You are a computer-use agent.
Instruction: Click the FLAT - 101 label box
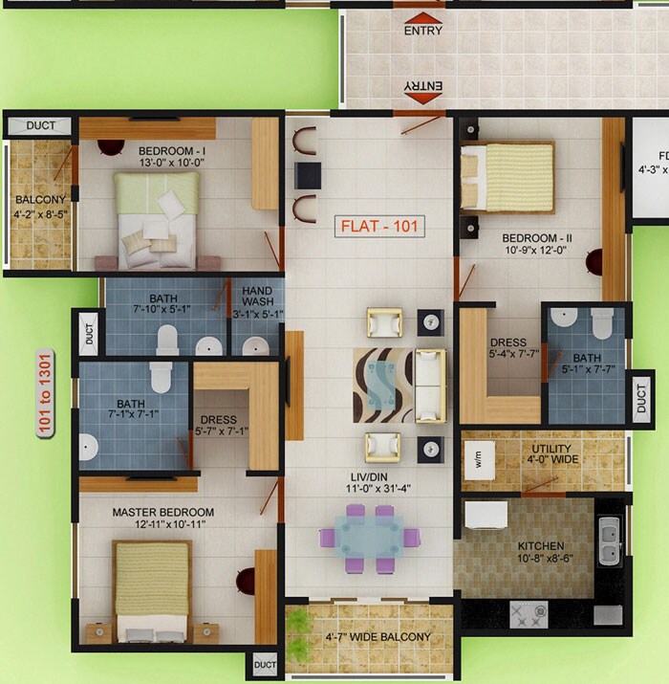(x=380, y=228)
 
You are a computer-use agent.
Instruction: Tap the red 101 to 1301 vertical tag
(x=45, y=393)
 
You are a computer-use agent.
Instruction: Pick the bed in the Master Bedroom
(x=154, y=591)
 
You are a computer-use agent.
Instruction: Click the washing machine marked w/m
(x=478, y=459)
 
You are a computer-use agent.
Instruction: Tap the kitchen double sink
(x=609, y=541)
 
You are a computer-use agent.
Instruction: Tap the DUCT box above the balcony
(x=40, y=125)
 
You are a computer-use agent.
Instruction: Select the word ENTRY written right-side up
(x=422, y=31)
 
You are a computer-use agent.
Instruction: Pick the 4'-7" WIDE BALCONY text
(x=378, y=636)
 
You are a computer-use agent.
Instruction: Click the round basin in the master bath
(x=88, y=447)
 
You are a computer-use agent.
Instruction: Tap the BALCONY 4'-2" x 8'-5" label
(x=39, y=208)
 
